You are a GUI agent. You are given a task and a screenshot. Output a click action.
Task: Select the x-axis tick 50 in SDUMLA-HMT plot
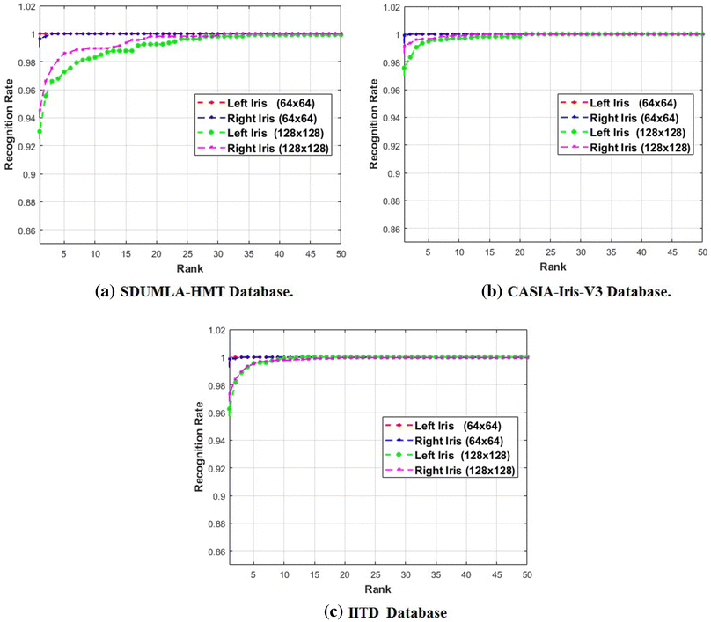point(340,254)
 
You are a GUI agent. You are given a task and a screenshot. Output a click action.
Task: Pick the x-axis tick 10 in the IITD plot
point(284,575)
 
